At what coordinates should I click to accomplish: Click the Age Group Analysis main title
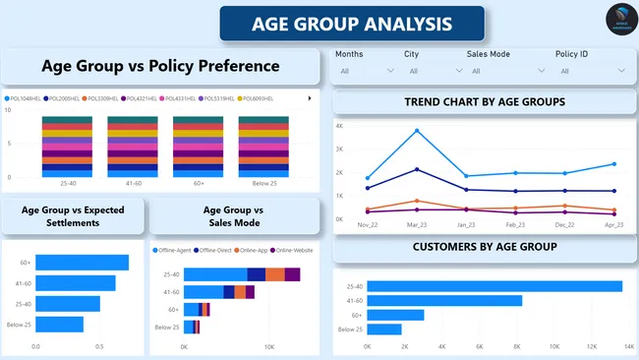tap(352, 23)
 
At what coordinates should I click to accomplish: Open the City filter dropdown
tap(430, 71)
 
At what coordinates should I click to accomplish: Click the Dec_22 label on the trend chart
tap(564, 225)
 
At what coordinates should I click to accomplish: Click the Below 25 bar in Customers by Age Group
tap(384, 330)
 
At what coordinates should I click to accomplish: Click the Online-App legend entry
tap(256, 251)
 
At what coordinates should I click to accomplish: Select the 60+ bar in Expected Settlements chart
tap(83, 263)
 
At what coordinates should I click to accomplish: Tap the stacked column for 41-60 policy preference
tap(133, 146)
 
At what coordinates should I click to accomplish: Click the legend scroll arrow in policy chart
tap(310, 98)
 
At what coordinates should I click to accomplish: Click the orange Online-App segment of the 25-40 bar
tap(275, 274)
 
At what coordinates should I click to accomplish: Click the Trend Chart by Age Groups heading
tap(485, 102)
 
